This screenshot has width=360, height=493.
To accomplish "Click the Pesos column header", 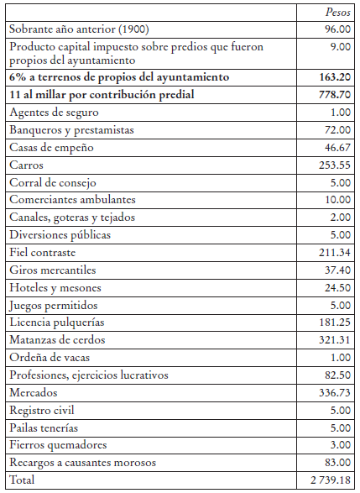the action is click(x=337, y=13).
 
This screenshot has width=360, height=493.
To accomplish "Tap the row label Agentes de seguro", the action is click(x=54, y=113).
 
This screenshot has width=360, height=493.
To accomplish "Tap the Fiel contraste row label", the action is click(x=43, y=252).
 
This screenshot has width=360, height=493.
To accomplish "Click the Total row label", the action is click(x=22, y=480).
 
